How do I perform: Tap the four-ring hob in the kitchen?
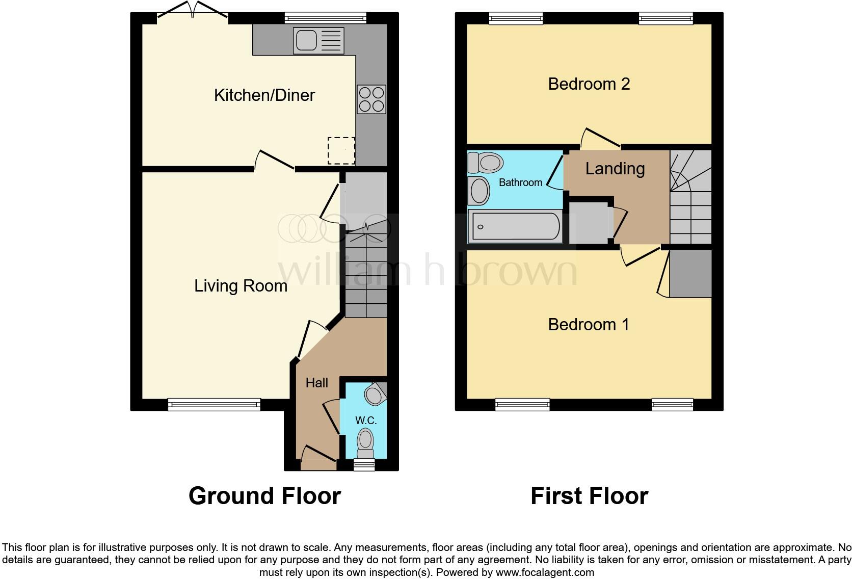(x=371, y=99)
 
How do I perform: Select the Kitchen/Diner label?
(x=264, y=95)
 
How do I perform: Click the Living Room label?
(x=241, y=286)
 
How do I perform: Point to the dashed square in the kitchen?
(x=341, y=150)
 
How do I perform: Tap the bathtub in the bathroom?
(x=515, y=227)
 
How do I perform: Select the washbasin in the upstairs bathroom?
(x=478, y=191)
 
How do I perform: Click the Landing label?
(x=615, y=169)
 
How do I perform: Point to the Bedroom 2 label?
(x=589, y=84)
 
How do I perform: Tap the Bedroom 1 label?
(x=588, y=325)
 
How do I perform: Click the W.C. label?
(x=365, y=420)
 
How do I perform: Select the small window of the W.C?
(x=364, y=464)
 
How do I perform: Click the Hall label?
(x=316, y=383)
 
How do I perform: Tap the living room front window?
(x=214, y=405)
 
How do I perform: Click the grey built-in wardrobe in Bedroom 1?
(x=690, y=274)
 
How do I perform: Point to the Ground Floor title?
(x=264, y=496)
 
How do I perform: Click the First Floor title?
(x=589, y=496)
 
